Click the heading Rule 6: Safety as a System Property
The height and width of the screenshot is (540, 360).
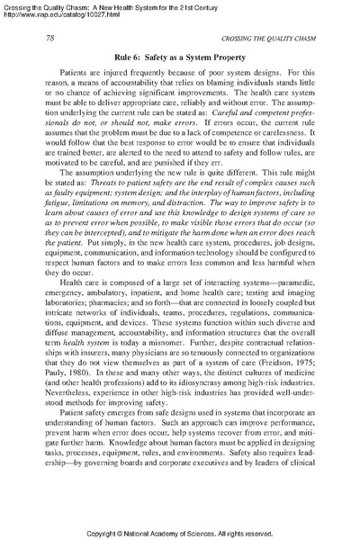pyautogui.click(x=180, y=57)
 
